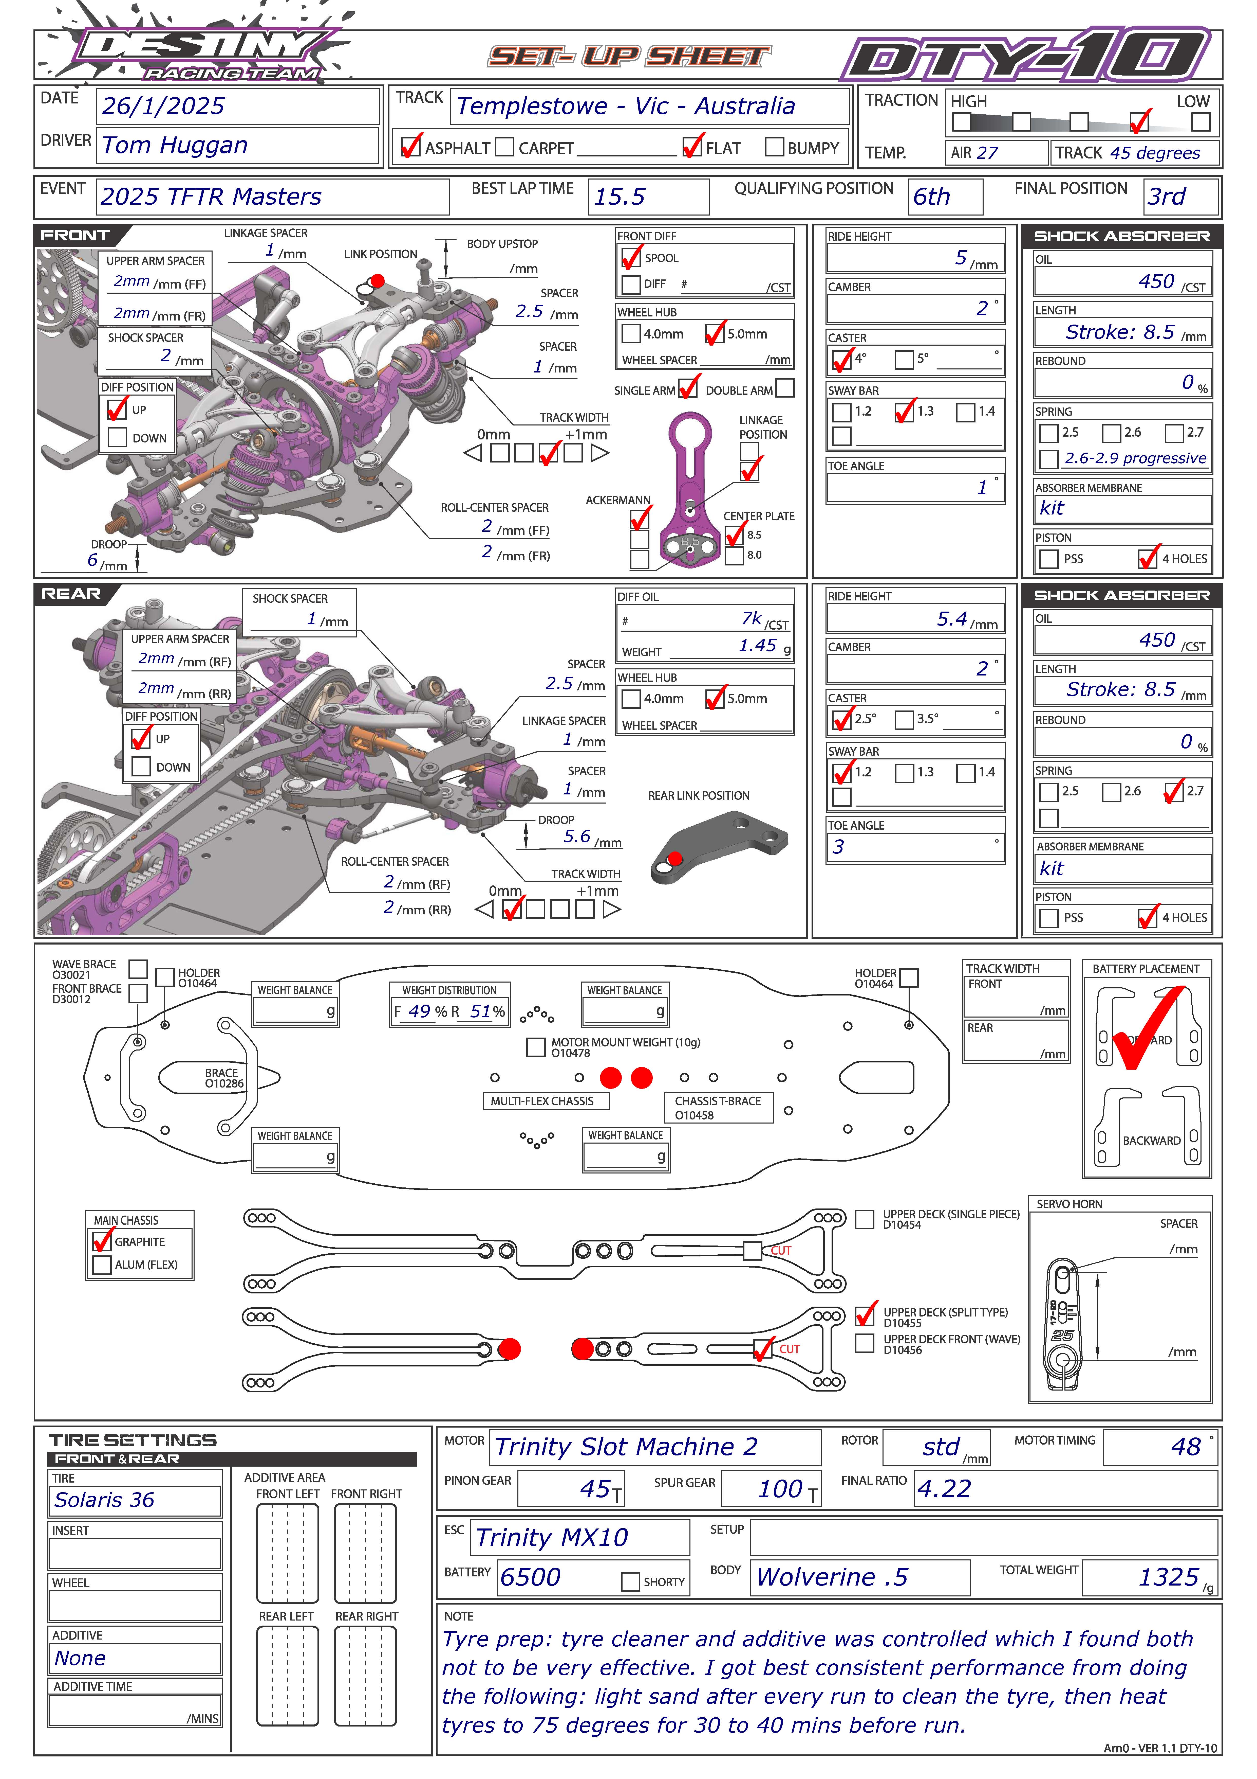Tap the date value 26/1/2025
tap(163, 106)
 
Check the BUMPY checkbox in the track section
tap(774, 147)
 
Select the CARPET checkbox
tap(504, 147)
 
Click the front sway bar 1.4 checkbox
tap(965, 412)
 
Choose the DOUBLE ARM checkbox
tap(784, 387)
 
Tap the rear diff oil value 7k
tap(751, 618)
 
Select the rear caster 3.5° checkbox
tap(904, 719)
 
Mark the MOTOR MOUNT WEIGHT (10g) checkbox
tap(535, 1047)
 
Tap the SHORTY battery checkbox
tap(630, 1581)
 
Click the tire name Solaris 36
tap(105, 1500)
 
